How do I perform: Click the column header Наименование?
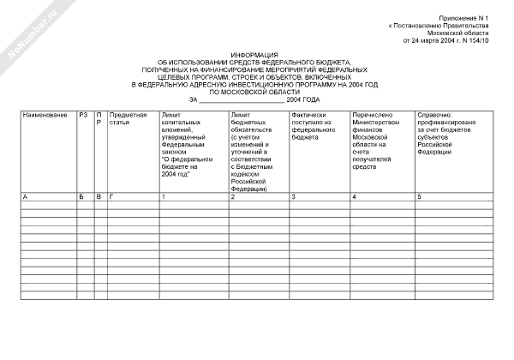tap(45, 115)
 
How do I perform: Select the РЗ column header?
tap(82, 115)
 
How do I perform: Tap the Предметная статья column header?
tap(128, 118)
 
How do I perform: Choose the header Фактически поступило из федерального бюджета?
tap(312, 125)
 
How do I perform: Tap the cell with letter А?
tap(25, 198)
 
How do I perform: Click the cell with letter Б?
tap(81, 198)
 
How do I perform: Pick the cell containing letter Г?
tap(111, 198)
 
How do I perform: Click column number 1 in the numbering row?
tap(163, 198)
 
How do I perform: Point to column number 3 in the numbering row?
tap(294, 198)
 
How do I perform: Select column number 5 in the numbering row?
tap(419, 198)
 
